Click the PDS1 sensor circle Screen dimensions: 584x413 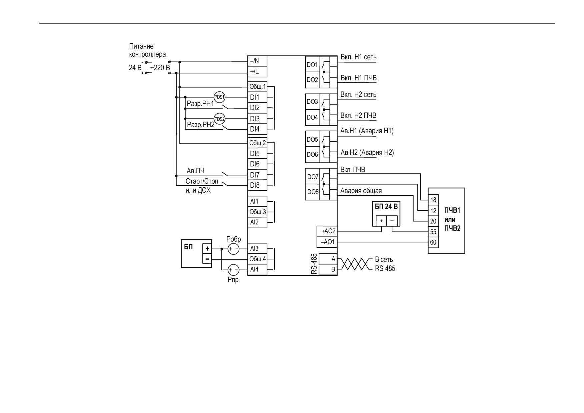[x=219, y=97]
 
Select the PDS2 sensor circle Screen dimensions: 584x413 [x=219, y=119]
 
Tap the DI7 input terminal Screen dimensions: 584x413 [x=257, y=175]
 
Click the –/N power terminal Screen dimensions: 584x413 [x=257, y=61]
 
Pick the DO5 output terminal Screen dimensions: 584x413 [x=313, y=140]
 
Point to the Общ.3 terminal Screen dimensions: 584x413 [x=257, y=212]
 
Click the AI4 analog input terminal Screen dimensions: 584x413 [x=257, y=269]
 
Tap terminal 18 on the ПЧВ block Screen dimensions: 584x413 [x=433, y=200]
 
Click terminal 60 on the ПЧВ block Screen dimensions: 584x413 [x=433, y=242]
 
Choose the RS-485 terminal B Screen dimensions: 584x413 [x=328, y=270]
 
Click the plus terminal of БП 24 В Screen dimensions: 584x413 [x=381, y=221]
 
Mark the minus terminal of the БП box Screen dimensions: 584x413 [x=207, y=258]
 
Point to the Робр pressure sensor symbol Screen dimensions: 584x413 [x=233, y=249]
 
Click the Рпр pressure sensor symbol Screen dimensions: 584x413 [x=233, y=270]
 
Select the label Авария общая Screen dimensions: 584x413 [x=361, y=191]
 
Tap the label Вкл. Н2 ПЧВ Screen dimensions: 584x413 [x=358, y=116]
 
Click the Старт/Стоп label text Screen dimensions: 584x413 [x=202, y=181]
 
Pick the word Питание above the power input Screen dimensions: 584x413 [x=141, y=46]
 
